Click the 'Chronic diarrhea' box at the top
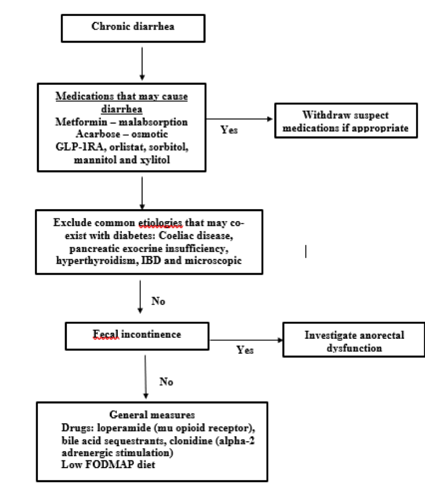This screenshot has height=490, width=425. tap(133, 28)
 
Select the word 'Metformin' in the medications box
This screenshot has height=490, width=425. tap(81, 122)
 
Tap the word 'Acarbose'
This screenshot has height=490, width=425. tap(98, 134)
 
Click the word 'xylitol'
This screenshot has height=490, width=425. tap(155, 160)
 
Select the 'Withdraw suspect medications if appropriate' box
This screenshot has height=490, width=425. tap(346, 120)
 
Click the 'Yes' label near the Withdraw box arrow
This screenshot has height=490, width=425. tap(229, 130)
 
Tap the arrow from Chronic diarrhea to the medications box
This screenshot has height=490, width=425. tap(142, 64)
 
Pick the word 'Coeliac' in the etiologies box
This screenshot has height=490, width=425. tap(174, 235)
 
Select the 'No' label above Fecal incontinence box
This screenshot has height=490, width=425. tap(158, 301)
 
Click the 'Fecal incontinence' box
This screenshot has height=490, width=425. tap(137, 336)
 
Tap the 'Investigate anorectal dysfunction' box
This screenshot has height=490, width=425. tap(354, 339)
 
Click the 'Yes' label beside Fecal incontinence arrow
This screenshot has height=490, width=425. tap(245, 350)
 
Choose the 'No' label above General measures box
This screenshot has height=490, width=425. tap(166, 382)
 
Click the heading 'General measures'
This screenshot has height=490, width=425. tap(152, 414)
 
